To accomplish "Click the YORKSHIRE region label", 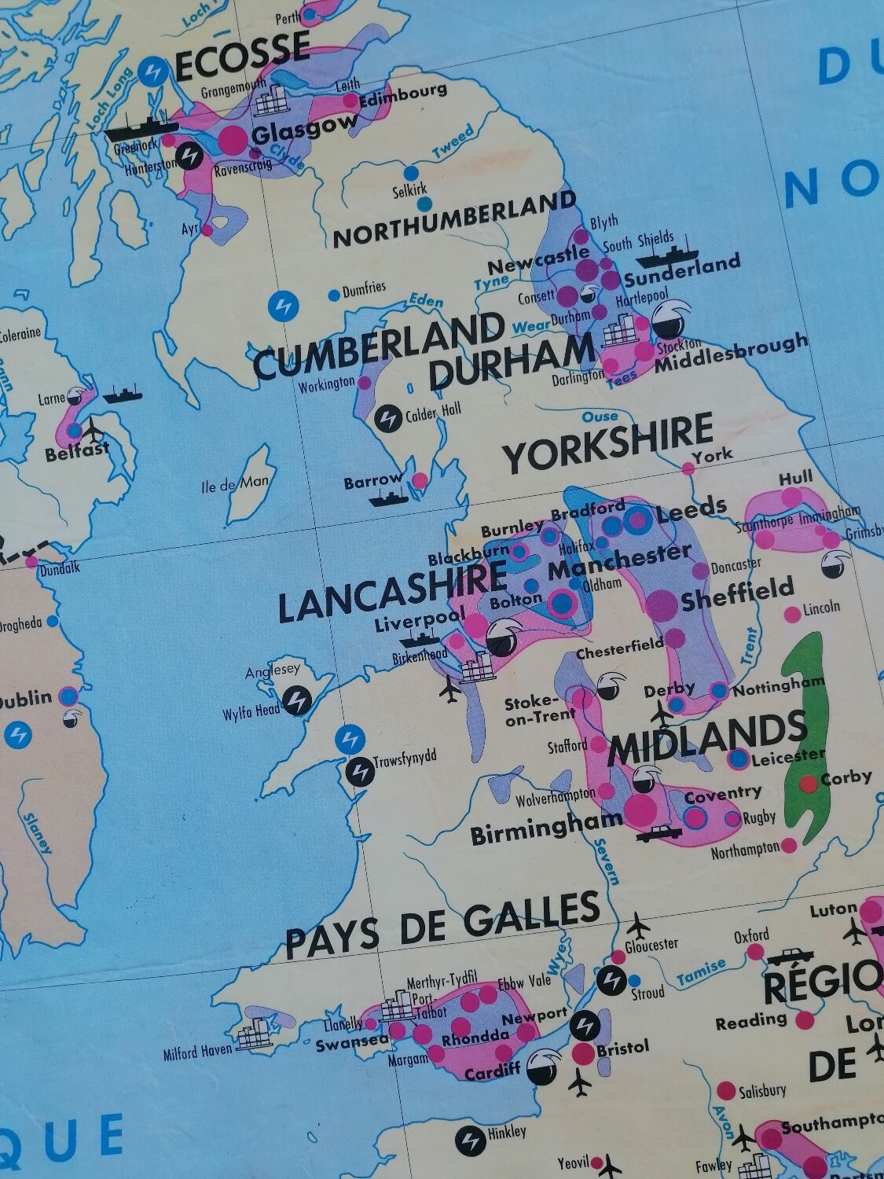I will tap(607, 443).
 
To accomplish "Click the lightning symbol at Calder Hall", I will tap(387, 417).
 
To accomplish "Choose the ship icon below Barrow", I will tap(391, 497).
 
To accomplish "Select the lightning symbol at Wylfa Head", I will tap(296, 698).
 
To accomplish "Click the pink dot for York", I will tap(688, 468).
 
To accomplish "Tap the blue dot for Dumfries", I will tap(334, 295).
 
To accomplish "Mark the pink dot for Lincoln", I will tap(791, 613).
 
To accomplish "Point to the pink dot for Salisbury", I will tap(726, 1092).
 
